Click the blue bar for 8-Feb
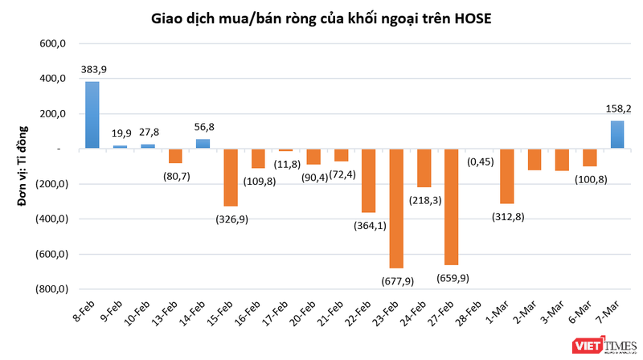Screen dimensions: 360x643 click(92, 115)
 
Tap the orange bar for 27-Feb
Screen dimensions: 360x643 click(452, 207)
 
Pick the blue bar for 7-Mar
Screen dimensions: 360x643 click(617, 134)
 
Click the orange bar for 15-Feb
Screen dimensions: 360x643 click(231, 178)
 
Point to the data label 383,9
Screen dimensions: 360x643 click(94, 70)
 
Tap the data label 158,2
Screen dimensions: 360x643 click(617, 108)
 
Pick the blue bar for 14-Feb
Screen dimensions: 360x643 click(203, 144)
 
